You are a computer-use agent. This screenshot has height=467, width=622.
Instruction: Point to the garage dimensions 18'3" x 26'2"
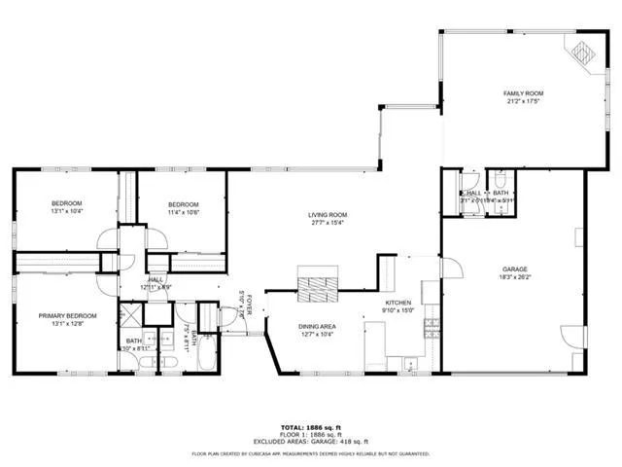point(515,277)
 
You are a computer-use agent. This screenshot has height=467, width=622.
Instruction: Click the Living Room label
point(328,215)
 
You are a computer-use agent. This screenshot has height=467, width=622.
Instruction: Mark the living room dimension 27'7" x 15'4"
point(328,225)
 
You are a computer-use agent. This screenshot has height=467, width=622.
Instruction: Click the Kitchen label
point(399,304)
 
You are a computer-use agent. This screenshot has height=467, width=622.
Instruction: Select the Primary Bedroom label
point(67,316)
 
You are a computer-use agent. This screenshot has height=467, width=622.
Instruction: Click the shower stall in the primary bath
point(129,317)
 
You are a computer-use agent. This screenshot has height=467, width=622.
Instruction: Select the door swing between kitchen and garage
point(449,267)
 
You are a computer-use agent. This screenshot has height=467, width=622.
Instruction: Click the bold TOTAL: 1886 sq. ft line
point(310,426)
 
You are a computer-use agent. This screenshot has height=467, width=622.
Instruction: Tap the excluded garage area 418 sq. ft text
point(310,442)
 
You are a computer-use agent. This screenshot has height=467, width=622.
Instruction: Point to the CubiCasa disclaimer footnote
point(310,453)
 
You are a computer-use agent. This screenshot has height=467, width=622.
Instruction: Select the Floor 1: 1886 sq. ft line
point(310,434)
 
